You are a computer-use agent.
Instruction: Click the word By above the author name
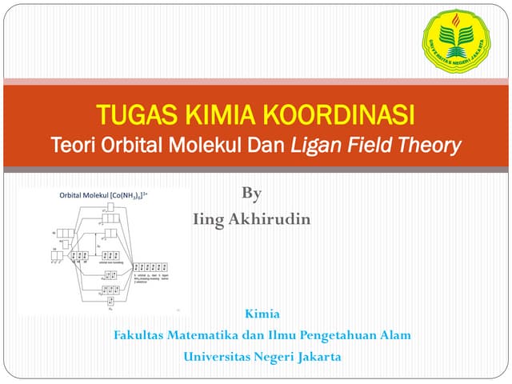click(x=251, y=194)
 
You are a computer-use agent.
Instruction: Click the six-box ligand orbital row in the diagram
click(x=151, y=266)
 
